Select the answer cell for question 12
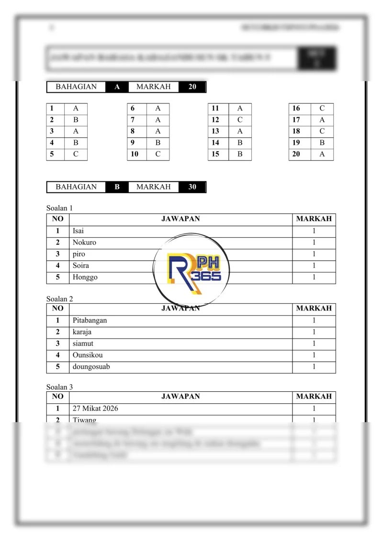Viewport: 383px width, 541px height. (x=240, y=120)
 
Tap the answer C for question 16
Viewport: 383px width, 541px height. (x=322, y=109)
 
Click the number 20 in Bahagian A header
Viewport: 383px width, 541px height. (x=192, y=87)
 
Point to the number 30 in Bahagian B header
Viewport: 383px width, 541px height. (x=192, y=187)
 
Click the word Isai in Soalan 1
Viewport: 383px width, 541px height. (x=78, y=231)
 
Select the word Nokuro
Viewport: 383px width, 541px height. (x=84, y=243)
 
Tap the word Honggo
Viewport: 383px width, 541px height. (x=85, y=277)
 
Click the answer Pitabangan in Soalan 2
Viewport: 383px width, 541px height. (x=90, y=320)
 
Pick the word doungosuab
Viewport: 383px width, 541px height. (x=91, y=367)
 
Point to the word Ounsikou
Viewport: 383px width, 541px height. (x=88, y=355)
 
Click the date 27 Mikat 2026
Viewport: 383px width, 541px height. (x=95, y=409)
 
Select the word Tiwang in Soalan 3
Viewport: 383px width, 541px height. (x=84, y=420)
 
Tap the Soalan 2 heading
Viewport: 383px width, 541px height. (x=59, y=299)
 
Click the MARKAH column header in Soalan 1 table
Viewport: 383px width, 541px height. (x=314, y=219)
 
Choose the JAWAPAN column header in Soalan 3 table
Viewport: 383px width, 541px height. (x=180, y=397)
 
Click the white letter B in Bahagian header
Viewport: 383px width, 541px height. (x=117, y=187)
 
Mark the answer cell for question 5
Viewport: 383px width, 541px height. (x=76, y=154)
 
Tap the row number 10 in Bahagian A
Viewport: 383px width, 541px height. (x=135, y=154)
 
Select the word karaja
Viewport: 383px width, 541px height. (x=82, y=332)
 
